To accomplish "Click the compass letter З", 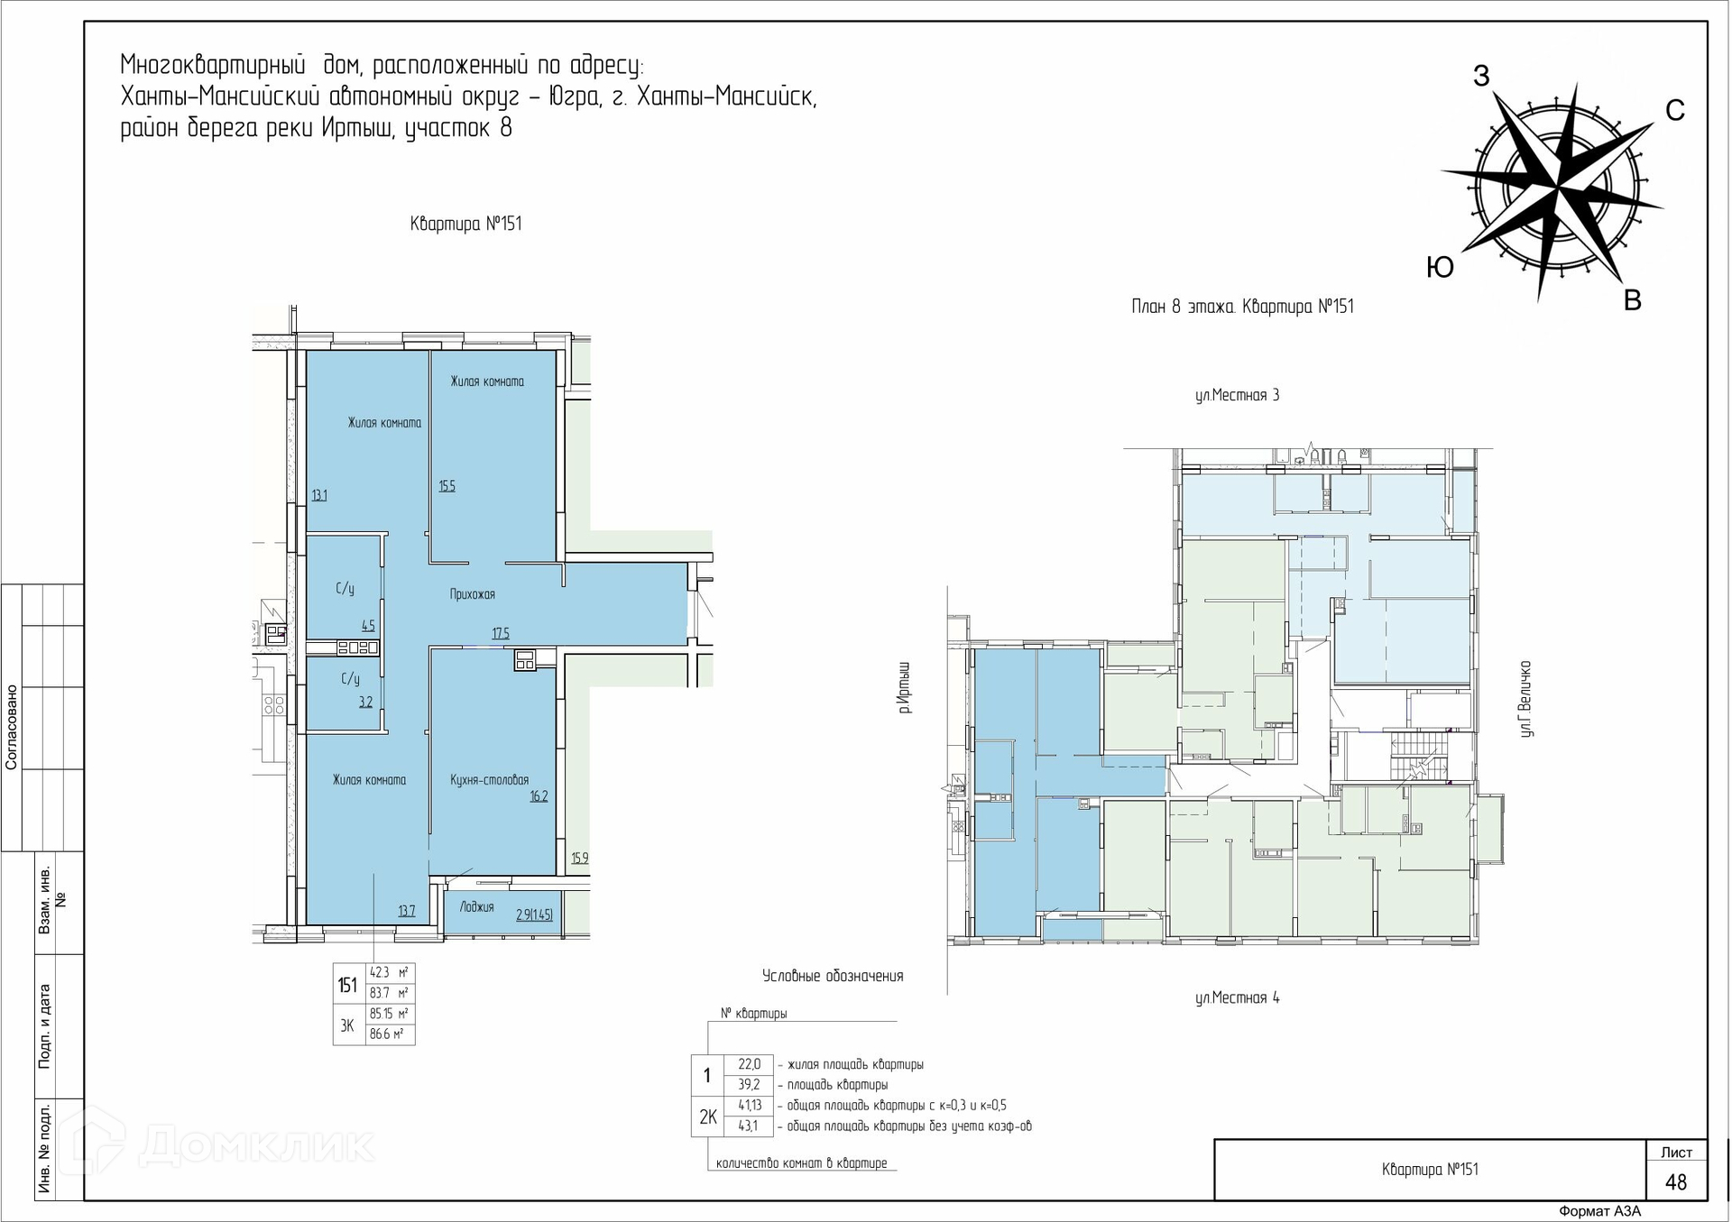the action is (x=1481, y=77).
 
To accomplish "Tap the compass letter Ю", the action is (x=1440, y=267).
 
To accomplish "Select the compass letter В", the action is (x=1633, y=300).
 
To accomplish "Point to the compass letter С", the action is (x=1675, y=110).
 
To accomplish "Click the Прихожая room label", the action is (x=473, y=594).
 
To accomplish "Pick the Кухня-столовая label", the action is (x=490, y=780).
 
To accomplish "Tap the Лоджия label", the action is (x=476, y=907).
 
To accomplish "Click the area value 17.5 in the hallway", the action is (x=501, y=633).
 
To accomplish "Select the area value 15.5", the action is (x=447, y=486).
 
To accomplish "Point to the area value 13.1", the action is (x=319, y=495).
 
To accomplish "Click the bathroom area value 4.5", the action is (x=368, y=625).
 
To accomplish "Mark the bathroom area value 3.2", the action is (x=365, y=702).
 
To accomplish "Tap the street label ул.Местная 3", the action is (x=1237, y=395).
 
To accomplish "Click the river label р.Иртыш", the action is (x=905, y=688).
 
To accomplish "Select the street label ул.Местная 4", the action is (x=1237, y=997).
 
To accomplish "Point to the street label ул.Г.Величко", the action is (x=1525, y=699).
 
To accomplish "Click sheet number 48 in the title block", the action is (x=1676, y=1182).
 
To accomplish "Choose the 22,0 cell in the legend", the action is (x=749, y=1064).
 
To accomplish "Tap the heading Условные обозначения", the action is (x=833, y=976).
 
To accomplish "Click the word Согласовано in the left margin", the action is (x=12, y=727).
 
